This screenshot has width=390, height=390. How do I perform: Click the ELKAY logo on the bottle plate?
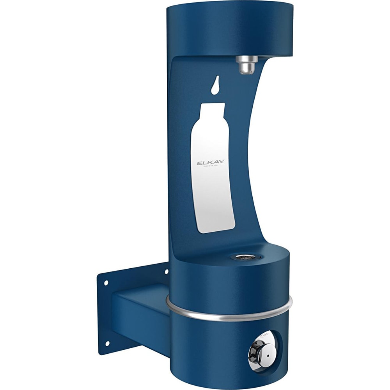(210, 162)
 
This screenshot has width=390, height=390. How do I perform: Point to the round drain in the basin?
(243, 257)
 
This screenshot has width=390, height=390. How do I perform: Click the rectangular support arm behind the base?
(140, 312)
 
